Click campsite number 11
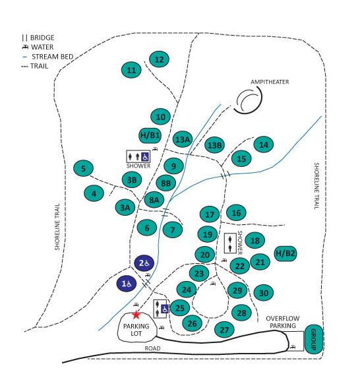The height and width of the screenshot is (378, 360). [132, 70]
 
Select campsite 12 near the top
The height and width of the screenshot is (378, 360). [159, 59]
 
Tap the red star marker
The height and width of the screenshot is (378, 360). [136, 315]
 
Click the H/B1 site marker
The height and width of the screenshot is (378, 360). [150, 135]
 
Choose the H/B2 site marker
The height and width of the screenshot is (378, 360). [285, 253]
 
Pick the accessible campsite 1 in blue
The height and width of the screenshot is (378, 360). [127, 284]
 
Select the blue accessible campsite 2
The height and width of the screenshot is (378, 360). [144, 263]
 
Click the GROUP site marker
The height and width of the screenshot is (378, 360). [314, 340]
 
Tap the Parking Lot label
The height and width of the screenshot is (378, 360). [135, 329]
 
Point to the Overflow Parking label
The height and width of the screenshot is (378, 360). [283, 322]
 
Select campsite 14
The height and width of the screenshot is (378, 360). [264, 144]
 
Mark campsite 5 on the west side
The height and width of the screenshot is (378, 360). [83, 169]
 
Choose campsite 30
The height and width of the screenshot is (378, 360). [264, 293]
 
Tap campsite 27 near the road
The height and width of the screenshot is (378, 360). [225, 329]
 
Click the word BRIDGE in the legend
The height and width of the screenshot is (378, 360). [42, 38]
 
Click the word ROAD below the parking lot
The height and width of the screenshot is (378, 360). [152, 348]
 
